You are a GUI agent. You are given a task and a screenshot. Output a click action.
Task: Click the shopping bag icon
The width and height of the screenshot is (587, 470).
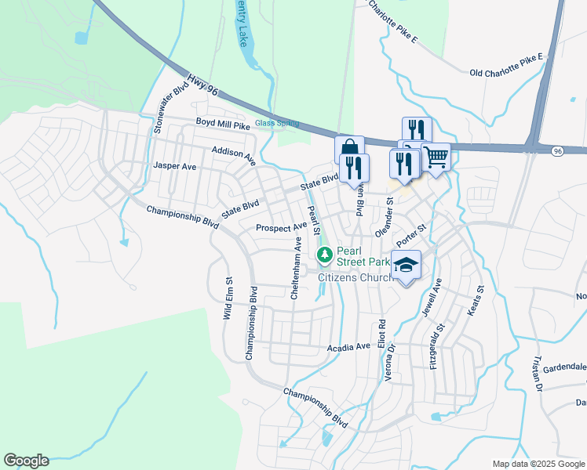point(348,148)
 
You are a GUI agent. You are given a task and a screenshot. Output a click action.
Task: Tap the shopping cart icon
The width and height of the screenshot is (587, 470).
point(436,156)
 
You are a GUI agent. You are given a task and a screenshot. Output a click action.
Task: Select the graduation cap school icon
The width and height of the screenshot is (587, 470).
point(407,264)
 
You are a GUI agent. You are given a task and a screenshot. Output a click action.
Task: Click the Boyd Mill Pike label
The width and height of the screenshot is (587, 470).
point(223,123)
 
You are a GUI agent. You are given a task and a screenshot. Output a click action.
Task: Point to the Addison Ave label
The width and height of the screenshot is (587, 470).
point(234,154)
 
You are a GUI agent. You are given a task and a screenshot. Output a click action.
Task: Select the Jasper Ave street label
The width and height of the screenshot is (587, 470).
point(175,166)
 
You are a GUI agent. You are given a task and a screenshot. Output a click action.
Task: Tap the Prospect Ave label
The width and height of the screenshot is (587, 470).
point(281,228)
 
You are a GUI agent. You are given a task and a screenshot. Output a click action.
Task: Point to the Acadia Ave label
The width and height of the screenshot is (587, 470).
point(352,345)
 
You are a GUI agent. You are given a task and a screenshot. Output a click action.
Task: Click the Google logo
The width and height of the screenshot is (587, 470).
point(26,461)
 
